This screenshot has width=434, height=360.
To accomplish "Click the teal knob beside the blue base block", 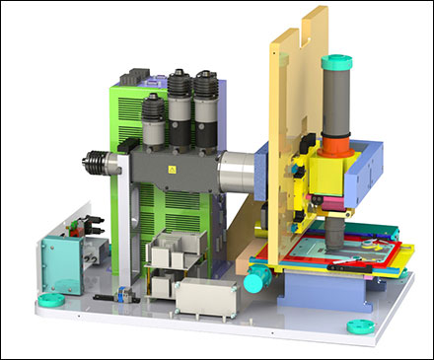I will point(255,282).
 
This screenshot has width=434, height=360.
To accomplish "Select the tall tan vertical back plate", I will point(296,99).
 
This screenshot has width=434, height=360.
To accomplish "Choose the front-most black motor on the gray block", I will point(154,123).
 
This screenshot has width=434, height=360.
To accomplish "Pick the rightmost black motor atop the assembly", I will point(206,99).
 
